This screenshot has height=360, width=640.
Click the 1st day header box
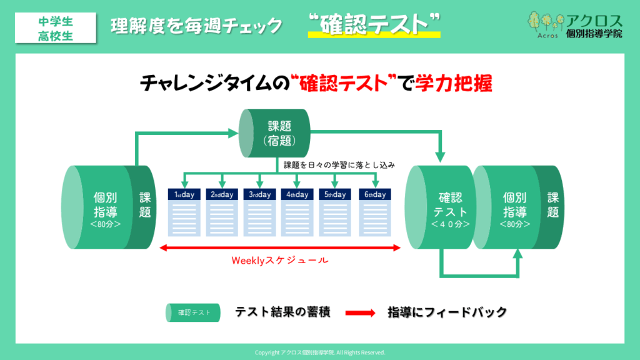[184, 194]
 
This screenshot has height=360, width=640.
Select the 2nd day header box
[222, 194]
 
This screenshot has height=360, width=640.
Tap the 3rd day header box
[259, 194]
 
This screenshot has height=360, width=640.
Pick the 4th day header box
[297, 194]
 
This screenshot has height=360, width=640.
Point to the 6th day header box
[373, 194]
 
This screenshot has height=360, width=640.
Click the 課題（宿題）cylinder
[275, 134]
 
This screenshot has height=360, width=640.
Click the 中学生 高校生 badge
[55, 27]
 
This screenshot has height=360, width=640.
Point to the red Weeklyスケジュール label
[279, 260]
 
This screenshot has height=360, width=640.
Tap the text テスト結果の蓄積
[282, 312]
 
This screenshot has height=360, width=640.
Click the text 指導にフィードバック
[446, 312]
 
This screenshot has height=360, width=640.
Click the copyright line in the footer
[320, 352]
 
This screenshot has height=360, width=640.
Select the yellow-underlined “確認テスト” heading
[374, 25]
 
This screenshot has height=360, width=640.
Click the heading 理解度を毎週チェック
[196, 26]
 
